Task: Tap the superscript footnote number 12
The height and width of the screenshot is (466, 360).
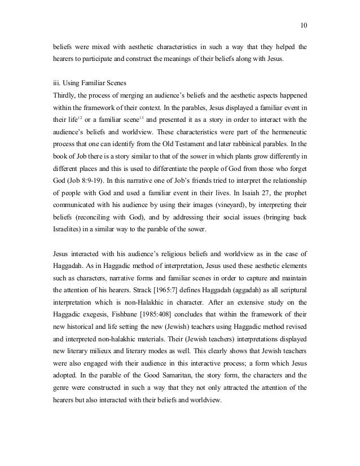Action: pyautogui.click(x=79, y=116)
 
